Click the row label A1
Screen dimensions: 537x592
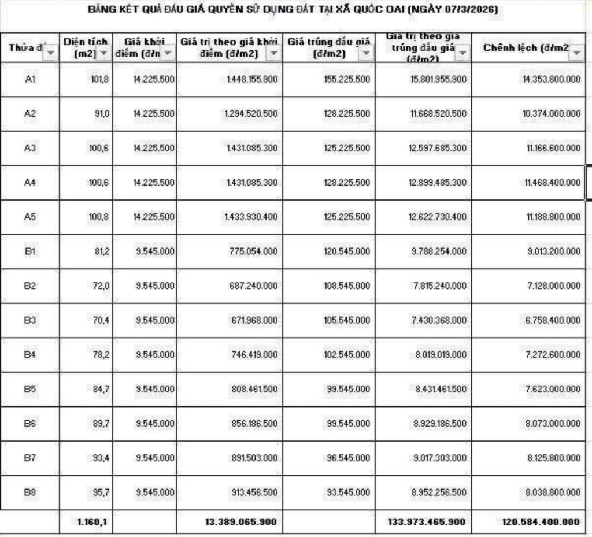coord(31,79)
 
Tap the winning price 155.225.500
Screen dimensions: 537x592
coord(346,79)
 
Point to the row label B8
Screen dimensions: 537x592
coord(31,492)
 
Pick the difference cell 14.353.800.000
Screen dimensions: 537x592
coord(551,79)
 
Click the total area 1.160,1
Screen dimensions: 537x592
coord(92,522)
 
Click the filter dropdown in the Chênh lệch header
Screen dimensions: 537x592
coord(576,53)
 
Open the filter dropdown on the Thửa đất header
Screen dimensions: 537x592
coord(50,53)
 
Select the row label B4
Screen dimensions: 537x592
coord(31,354)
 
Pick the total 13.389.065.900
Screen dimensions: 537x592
coord(240,522)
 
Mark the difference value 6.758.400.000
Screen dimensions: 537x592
coord(552,320)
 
